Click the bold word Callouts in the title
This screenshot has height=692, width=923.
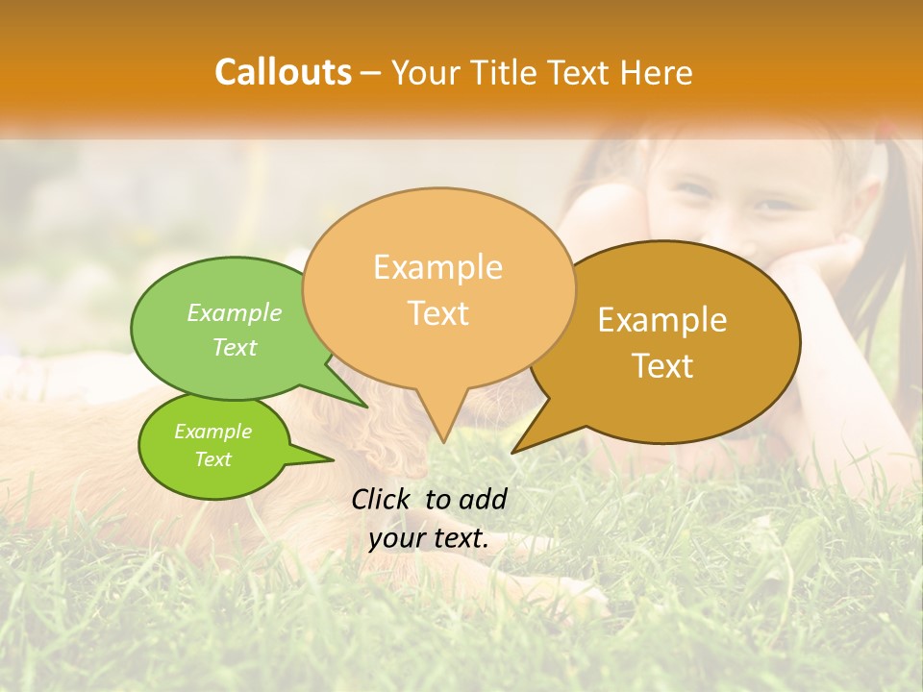(x=283, y=72)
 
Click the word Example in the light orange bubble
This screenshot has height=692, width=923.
(x=437, y=267)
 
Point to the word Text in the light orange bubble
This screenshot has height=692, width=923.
(x=437, y=312)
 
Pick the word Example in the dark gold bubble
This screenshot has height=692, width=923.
(x=661, y=320)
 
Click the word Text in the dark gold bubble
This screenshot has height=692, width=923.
(x=662, y=365)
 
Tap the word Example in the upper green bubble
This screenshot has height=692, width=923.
(x=234, y=312)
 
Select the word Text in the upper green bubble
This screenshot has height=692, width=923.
(x=234, y=347)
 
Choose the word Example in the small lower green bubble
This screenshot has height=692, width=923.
(x=212, y=432)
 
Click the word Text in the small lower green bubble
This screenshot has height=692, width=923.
(x=212, y=459)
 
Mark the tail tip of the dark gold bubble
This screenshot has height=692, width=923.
(x=514, y=451)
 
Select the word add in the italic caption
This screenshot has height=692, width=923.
(x=482, y=499)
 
